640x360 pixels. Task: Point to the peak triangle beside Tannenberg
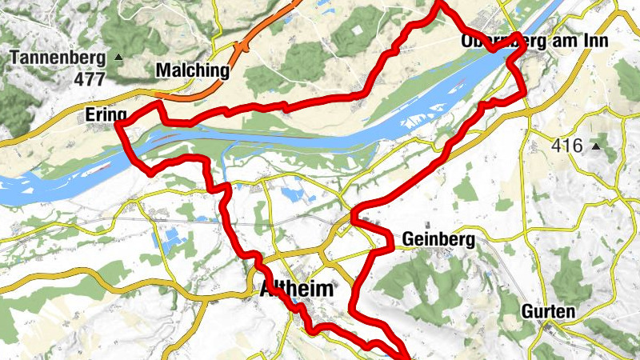119,57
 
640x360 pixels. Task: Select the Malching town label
192,70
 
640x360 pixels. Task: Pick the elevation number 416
567,146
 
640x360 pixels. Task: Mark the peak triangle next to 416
596,146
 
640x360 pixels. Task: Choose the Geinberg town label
439,238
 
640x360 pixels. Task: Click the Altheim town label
296,290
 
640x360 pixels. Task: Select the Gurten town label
549,311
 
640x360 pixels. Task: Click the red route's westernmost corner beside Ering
118,124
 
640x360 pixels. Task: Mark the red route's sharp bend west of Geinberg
354,218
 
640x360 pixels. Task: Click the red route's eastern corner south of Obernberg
524,92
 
